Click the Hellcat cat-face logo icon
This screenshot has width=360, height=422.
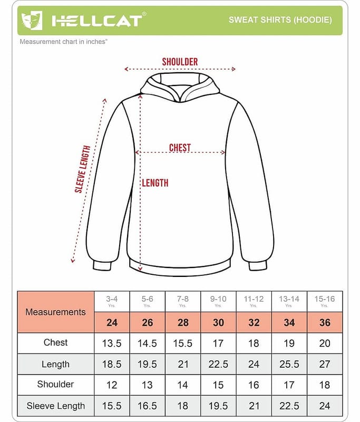click(32, 21)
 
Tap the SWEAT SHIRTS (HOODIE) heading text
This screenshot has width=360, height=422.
click(280, 20)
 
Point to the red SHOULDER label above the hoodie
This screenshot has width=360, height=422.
click(180, 62)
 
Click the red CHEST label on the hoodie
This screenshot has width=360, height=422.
click(180, 148)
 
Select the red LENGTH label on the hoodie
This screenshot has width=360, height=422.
click(155, 183)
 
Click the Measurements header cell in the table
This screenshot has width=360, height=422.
click(55, 312)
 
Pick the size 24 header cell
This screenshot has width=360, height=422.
click(112, 322)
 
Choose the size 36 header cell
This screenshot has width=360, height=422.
click(325, 322)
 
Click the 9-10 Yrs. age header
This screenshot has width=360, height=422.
click(218, 301)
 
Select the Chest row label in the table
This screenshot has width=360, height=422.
click(55, 343)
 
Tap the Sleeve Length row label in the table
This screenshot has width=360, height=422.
click(55, 406)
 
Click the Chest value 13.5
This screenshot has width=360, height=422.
click(112, 343)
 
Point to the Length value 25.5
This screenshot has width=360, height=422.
click(289, 364)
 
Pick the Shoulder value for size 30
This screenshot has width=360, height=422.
click(218, 385)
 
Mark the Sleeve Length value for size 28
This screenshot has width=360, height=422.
click(182, 406)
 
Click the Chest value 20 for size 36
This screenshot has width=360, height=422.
click(325, 343)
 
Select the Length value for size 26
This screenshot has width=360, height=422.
click(147, 364)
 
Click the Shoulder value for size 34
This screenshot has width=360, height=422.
click(289, 385)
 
